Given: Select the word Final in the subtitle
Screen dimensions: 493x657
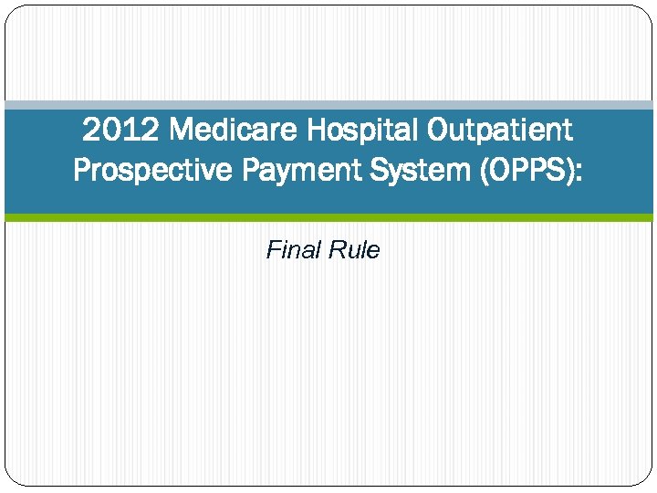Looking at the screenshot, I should [x=287, y=250].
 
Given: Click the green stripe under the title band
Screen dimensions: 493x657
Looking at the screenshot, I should [x=328, y=217].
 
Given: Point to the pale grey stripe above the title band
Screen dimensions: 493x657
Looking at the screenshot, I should [x=328, y=105].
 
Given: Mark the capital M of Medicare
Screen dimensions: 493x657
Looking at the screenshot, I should [x=182, y=131].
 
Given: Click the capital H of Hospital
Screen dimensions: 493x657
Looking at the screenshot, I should [x=316, y=131].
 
